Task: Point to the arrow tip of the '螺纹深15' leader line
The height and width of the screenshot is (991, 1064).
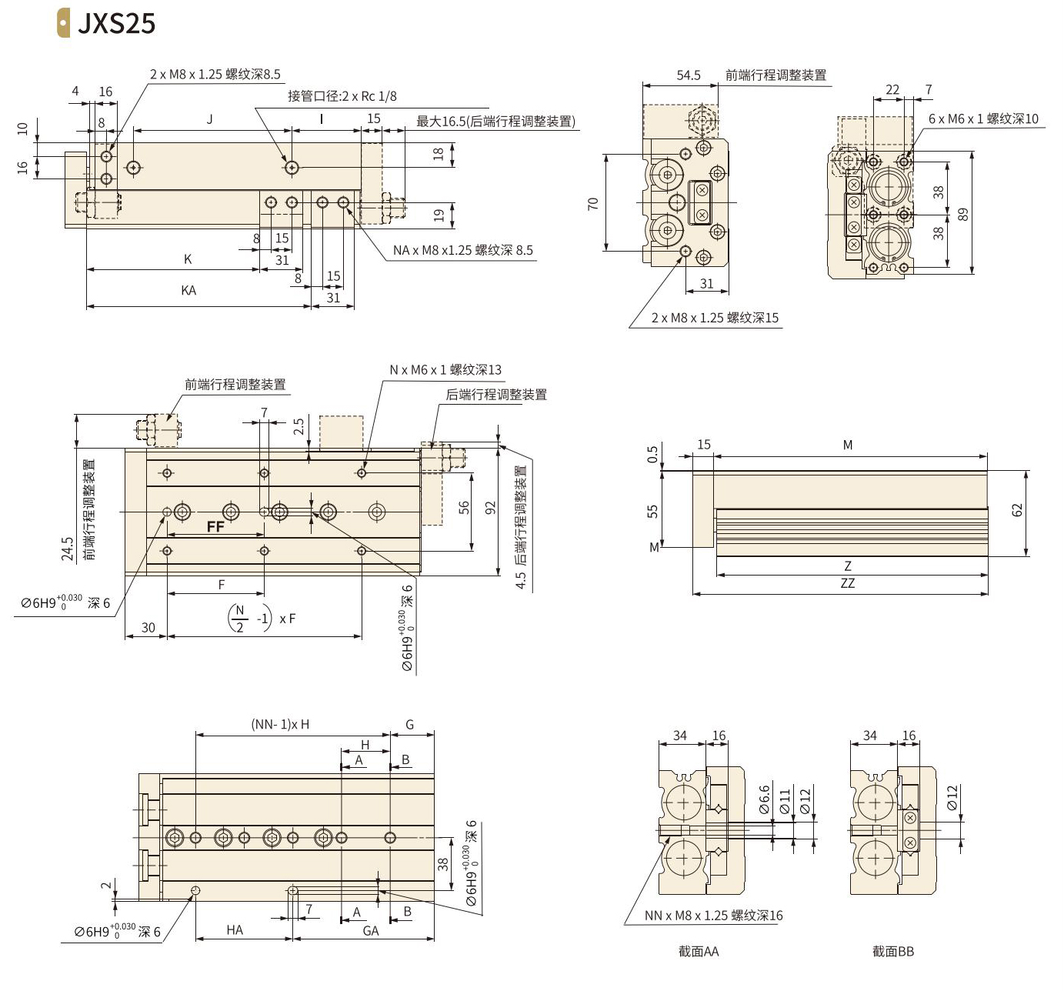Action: click(683, 255)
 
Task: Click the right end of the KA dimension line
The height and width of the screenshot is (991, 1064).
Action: click(311, 306)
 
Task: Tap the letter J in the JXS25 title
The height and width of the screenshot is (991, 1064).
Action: click(85, 24)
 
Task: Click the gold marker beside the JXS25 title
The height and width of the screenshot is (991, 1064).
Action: click(63, 23)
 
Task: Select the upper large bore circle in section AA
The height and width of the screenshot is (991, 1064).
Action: click(682, 802)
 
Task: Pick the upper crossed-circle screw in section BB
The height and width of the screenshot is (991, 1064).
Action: click(909, 818)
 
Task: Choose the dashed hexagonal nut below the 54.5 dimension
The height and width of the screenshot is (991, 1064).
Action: click(702, 121)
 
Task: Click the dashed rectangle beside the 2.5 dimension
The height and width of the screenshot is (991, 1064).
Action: click(342, 432)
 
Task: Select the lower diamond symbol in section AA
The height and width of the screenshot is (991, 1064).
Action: click(717, 850)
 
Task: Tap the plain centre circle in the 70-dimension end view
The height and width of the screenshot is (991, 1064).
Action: click(678, 202)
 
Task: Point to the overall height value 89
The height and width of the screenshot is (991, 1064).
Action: click(962, 214)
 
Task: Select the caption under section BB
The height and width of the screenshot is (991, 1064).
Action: click(893, 951)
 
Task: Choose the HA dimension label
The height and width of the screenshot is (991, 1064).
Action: click(235, 929)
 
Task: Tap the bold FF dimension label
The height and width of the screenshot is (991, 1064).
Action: click(215, 526)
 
